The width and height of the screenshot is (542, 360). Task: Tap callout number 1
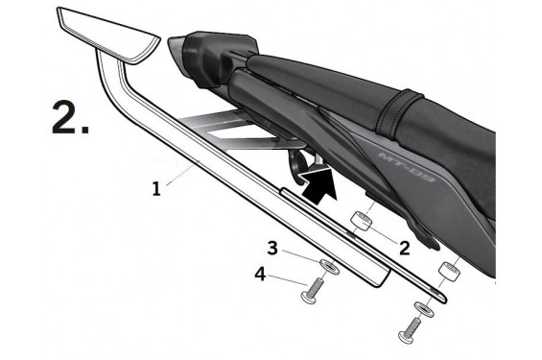pos(156,188)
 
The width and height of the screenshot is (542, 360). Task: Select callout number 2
pos(404,247)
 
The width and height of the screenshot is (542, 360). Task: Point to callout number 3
pos(273,249)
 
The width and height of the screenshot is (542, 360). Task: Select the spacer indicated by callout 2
pos(363,222)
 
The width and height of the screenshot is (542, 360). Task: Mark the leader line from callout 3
pos(301,255)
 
